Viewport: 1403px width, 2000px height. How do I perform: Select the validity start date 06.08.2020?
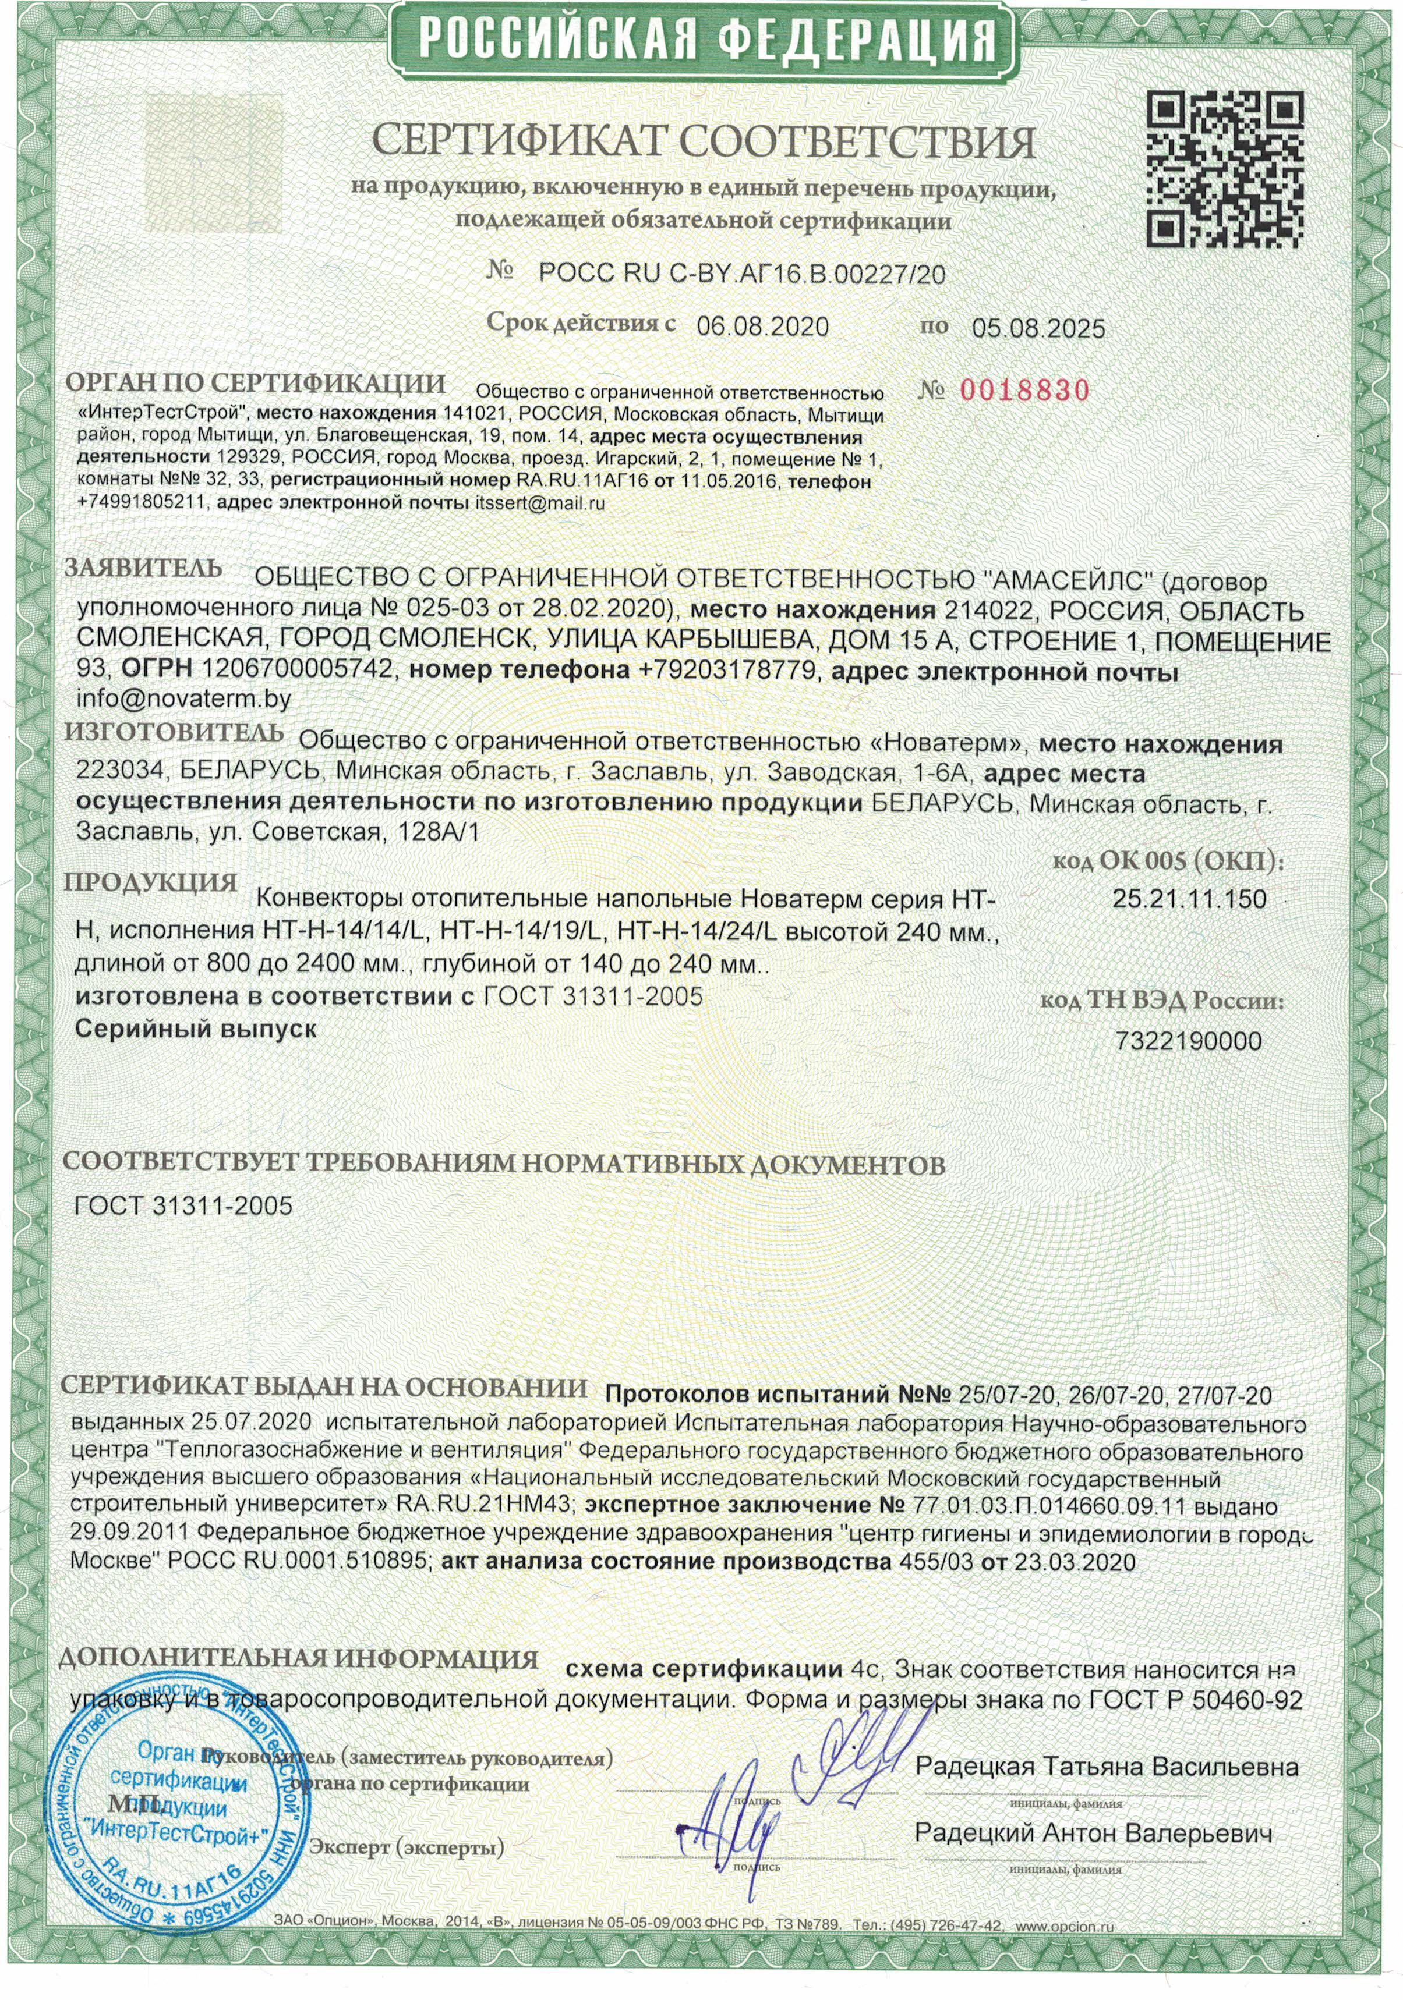coord(762,328)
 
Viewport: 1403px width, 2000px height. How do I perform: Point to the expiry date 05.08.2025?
coord(1038,328)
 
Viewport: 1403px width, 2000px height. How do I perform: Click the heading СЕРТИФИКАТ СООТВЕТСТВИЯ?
coord(705,142)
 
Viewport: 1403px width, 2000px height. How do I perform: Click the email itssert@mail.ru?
coord(539,502)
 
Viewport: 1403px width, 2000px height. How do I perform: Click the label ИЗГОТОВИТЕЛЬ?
coord(174,733)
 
